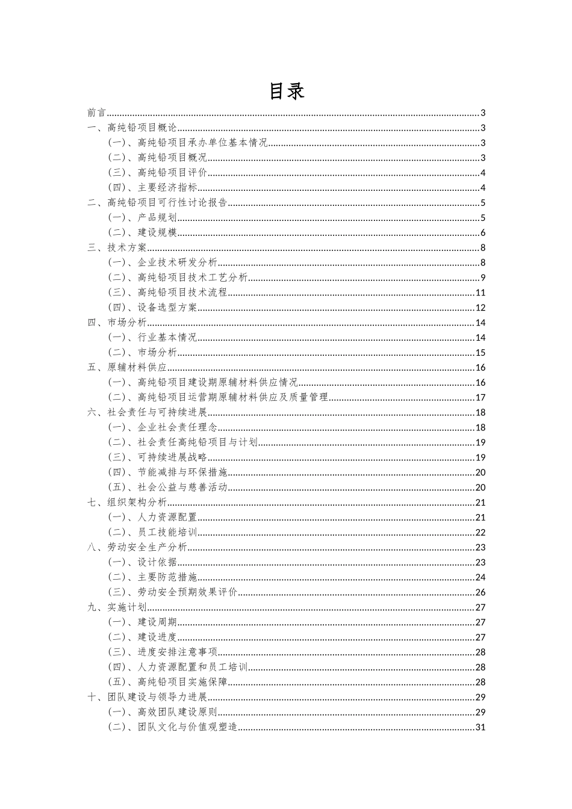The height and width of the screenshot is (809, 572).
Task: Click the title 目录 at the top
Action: tap(286, 91)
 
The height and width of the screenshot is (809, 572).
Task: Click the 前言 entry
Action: tap(96, 113)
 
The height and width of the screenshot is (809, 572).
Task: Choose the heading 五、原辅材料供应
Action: tap(127, 367)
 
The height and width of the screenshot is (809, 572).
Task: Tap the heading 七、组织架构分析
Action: tap(127, 503)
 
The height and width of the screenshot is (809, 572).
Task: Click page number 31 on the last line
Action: tap(480, 727)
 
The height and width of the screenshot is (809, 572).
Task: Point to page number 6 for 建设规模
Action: tap(483, 233)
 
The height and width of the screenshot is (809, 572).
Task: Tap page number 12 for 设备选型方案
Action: tap(480, 308)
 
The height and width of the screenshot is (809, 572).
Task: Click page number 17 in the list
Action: tap(480, 397)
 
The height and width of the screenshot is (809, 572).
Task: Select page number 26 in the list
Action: tap(480, 592)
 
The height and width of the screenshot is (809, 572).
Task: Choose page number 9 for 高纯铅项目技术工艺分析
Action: tap(483, 277)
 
